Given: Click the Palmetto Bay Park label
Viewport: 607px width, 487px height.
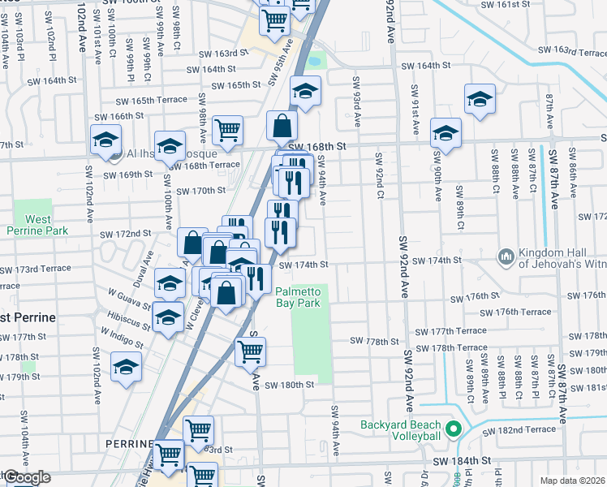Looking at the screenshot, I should point(298,297).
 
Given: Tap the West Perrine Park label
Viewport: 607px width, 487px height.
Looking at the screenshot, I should point(32,225).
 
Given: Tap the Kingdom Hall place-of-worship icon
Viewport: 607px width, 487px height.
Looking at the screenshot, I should point(506,256).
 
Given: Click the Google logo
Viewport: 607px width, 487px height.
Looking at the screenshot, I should point(26,478).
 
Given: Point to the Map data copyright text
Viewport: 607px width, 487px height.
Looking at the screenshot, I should point(573,481).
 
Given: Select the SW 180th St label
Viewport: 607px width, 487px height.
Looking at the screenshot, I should point(288,386).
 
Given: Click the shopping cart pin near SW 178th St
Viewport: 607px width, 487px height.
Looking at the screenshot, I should point(250,351).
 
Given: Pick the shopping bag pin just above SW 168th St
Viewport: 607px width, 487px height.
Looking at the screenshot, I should point(281,125).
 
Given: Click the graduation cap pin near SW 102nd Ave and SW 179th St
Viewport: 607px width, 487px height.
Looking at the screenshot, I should point(126,366).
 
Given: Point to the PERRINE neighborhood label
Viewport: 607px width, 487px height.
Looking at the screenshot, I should point(128,444).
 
